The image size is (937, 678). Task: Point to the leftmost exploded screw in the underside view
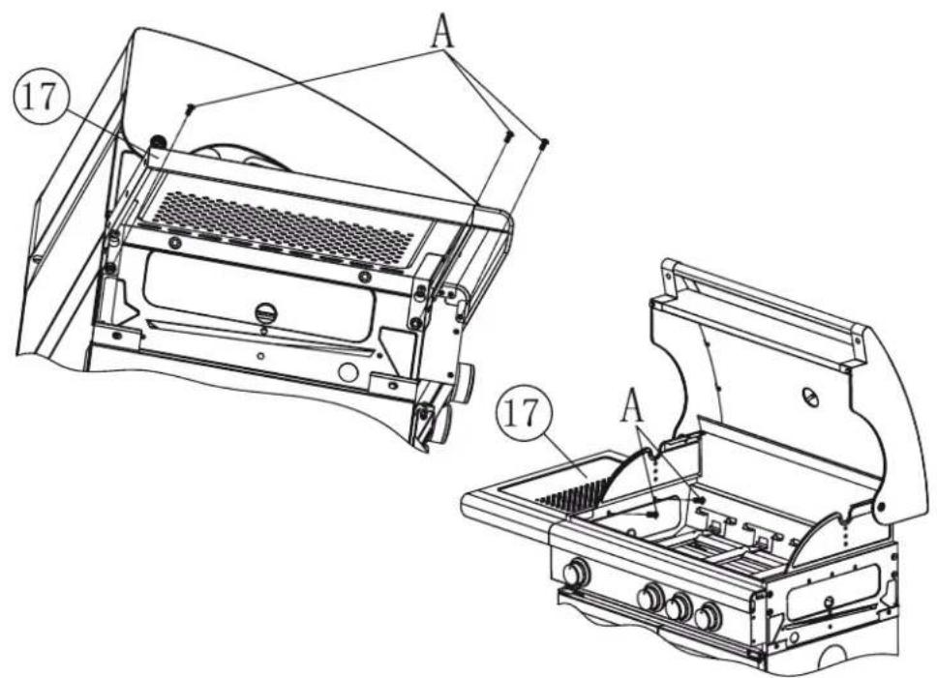[x=192, y=106]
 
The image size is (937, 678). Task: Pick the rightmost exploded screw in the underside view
[x=543, y=143]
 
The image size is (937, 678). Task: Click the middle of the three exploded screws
[x=507, y=137]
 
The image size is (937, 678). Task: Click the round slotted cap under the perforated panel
[x=264, y=313]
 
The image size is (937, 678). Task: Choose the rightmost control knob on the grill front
[x=710, y=616]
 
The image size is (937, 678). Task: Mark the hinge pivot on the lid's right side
[x=882, y=506]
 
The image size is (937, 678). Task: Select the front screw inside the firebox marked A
[x=657, y=516]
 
